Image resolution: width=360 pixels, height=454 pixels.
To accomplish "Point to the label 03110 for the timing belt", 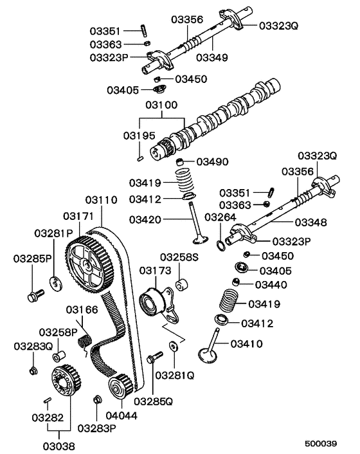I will (100, 200).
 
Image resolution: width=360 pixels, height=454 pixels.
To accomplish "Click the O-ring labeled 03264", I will (221, 244).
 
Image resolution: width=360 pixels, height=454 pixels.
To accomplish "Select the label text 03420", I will (145, 220).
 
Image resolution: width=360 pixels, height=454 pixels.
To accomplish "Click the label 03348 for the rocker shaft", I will (310, 222).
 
